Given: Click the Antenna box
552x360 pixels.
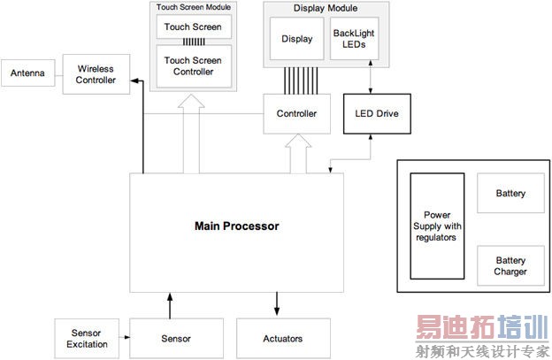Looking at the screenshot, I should click(27, 73).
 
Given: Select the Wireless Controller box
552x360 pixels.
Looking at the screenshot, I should click(96, 74).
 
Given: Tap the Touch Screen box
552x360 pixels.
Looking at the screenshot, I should click(194, 27).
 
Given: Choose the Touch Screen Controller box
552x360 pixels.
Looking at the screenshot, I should click(194, 65).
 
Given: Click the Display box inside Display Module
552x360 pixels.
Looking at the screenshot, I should click(296, 39).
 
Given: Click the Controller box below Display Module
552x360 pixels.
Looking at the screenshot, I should click(296, 114).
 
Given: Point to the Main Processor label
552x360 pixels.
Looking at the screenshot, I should click(236, 226).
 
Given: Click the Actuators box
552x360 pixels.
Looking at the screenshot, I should click(282, 338).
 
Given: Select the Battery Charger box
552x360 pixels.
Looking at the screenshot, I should click(510, 266).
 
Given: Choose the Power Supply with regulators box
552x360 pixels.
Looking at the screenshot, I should click(436, 226).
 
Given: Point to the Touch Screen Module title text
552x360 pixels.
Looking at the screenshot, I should click(194, 6).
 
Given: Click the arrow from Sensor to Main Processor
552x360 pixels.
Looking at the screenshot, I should click(169, 305).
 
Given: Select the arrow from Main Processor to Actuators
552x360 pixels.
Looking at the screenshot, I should click(277, 305).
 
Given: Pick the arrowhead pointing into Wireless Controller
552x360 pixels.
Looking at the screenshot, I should click(134, 82).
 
